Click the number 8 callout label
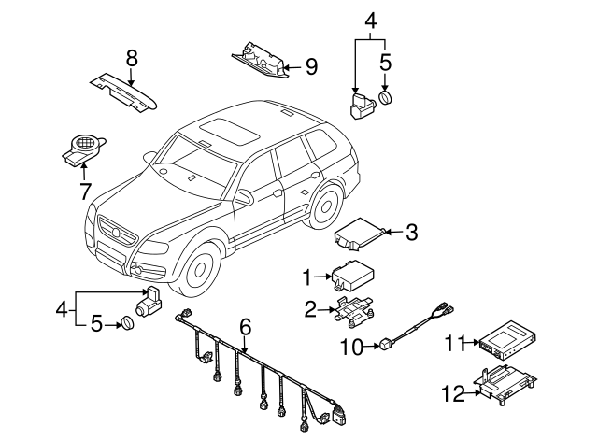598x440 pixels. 132,59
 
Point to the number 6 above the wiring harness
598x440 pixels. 245,326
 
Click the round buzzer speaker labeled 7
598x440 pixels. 82,148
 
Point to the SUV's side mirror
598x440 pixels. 245,197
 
